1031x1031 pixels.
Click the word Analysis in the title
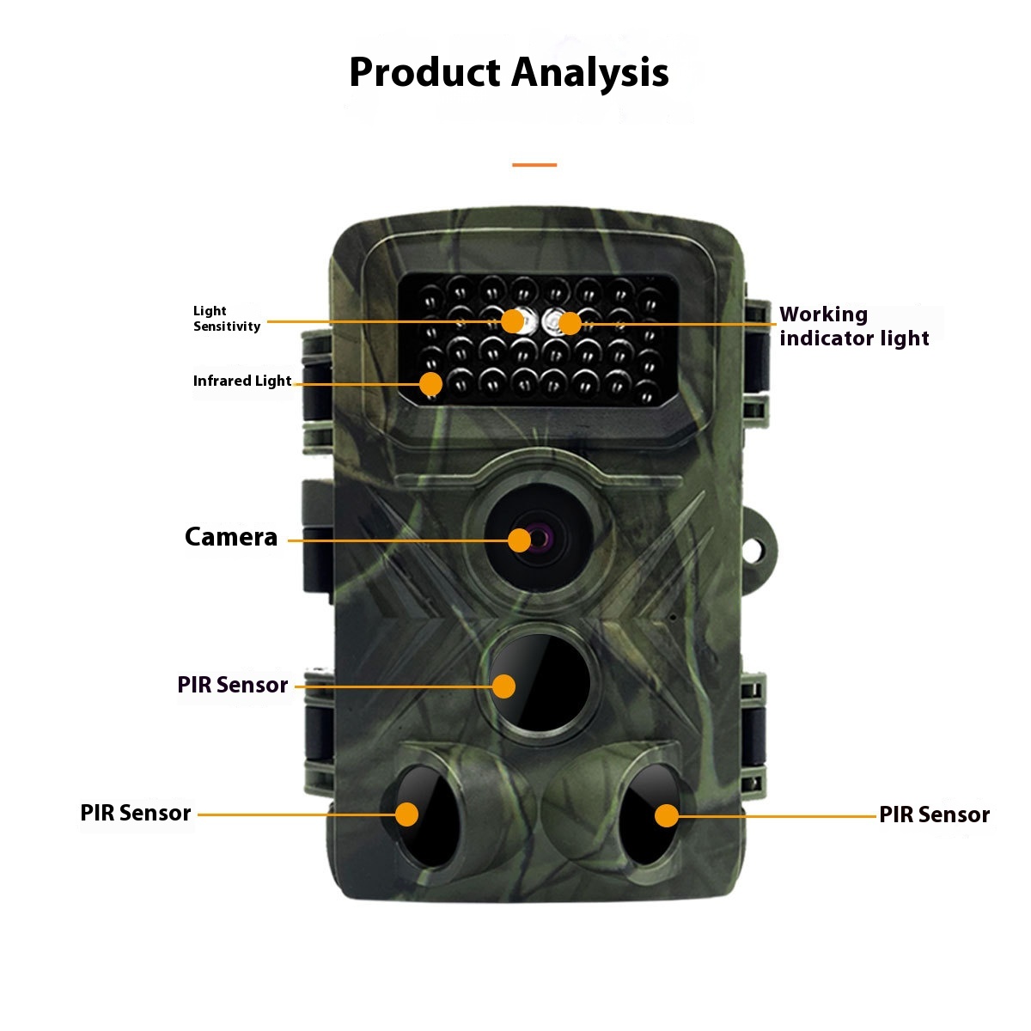click(x=591, y=74)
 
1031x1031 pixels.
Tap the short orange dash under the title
click(x=534, y=164)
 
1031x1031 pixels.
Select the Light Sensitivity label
click(x=227, y=319)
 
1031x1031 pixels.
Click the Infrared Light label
click(x=242, y=381)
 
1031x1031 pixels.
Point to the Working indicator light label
click(x=854, y=326)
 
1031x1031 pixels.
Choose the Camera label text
click(x=231, y=537)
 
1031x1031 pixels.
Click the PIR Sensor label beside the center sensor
click(x=233, y=685)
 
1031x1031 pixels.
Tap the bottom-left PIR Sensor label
click(x=136, y=813)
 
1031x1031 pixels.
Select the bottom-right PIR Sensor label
click(x=935, y=814)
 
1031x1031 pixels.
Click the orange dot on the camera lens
click(x=519, y=540)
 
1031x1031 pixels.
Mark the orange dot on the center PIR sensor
click(x=503, y=686)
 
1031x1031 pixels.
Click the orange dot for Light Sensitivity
click(x=513, y=321)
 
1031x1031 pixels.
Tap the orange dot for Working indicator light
click(x=570, y=323)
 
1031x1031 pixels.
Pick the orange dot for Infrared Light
click(x=430, y=383)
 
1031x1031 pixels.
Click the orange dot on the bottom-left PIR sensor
click(x=406, y=814)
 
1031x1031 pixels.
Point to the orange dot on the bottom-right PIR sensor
click(x=667, y=815)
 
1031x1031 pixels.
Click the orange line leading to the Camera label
click(x=395, y=540)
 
